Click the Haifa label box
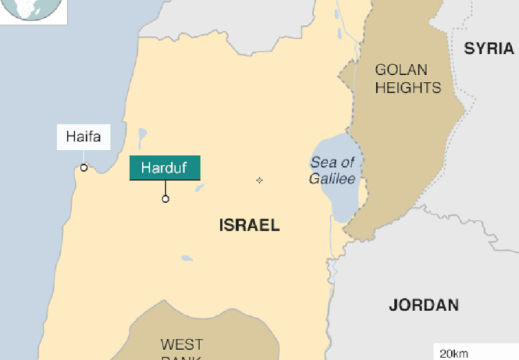click(84, 137)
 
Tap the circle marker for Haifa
click(84, 168)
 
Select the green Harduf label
click(165, 168)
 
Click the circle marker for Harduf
click(165, 199)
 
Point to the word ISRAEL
click(249, 226)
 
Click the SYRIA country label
click(489, 49)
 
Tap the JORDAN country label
click(424, 306)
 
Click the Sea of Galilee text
click(332, 170)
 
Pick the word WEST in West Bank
click(182, 344)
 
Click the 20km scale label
click(453, 354)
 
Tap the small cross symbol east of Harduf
click(259, 180)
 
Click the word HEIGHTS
click(408, 88)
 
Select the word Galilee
click(332, 179)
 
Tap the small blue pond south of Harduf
click(187, 258)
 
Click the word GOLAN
click(401, 70)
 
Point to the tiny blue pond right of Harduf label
click(200, 187)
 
